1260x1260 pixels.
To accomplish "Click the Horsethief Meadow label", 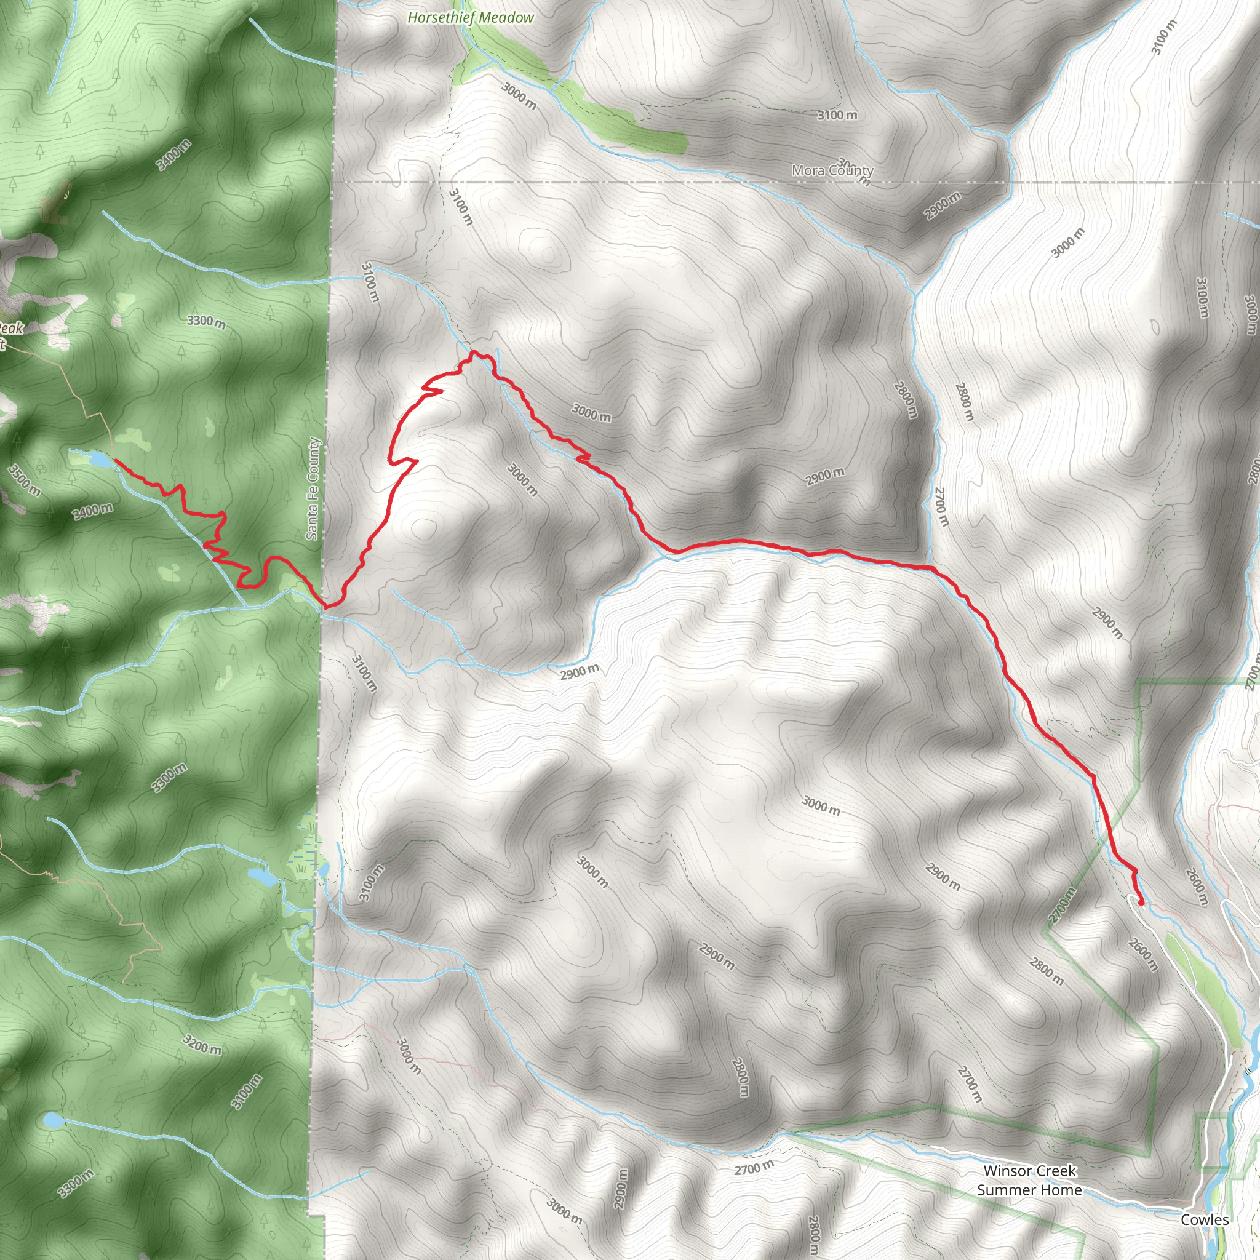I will (x=470, y=18).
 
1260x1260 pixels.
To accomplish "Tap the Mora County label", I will (x=832, y=171).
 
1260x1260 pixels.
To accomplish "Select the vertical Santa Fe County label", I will (x=313, y=488).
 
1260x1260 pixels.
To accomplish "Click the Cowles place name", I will (x=1205, y=1219).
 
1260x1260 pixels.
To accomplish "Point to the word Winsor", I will (x=1008, y=1171).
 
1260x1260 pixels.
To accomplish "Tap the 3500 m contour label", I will (x=24, y=480).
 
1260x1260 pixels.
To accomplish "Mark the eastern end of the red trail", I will (x=1141, y=903).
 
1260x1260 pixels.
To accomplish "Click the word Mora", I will (x=808, y=171).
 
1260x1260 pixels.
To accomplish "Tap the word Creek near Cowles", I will (x=1054, y=1171).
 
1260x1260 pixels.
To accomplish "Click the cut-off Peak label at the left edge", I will (x=10, y=328).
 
